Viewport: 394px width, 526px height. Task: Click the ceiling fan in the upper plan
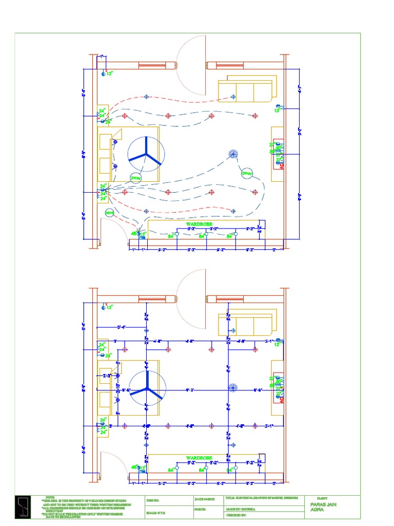tap(145, 154)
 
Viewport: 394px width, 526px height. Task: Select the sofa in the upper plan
tap(246, 91)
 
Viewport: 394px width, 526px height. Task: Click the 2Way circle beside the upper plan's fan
tap(135, 178)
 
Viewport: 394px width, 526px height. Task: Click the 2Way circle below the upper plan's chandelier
tap(247, 174)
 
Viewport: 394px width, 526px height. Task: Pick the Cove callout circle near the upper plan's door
tap(109, 212)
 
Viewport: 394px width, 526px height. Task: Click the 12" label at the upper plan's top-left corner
tap(109, 74)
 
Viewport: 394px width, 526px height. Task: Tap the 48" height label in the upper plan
tap(134, 233)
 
